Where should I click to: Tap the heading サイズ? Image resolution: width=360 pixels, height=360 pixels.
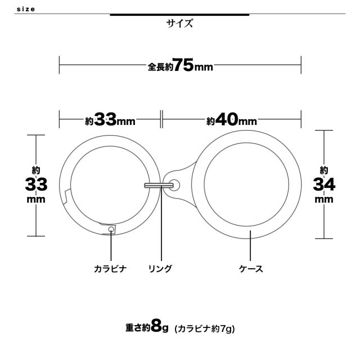coord(179,24)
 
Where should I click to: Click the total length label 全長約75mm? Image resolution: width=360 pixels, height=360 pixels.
coord(180,66)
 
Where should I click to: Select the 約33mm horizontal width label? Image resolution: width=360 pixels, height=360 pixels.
coord(110,120)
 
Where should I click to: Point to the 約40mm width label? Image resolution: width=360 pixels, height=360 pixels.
coord(231,120)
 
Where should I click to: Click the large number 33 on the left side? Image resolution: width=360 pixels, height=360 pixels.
coord(36,184)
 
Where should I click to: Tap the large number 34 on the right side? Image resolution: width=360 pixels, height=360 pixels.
coord(324,184)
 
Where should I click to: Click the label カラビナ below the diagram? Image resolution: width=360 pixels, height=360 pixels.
coord(110,269)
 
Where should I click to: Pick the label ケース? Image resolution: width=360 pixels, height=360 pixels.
coord(251,269)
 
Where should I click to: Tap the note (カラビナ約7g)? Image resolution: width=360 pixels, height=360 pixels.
coord(204,328)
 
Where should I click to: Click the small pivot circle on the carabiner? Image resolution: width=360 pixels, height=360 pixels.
coord(111,229)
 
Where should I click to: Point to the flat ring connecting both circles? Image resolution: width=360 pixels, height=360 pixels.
coord(158,184)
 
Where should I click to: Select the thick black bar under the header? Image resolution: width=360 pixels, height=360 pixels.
coord(179,15)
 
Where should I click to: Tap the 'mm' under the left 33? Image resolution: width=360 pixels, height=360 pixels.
coord(36,200)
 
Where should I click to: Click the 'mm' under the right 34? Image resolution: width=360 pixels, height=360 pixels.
coord(324,200)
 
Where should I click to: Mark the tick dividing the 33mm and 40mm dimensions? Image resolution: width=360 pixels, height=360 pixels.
coord(161,120)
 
